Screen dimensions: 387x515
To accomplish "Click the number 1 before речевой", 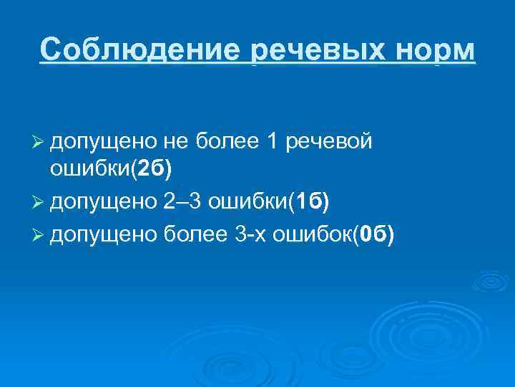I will click(x=272, y=143).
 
